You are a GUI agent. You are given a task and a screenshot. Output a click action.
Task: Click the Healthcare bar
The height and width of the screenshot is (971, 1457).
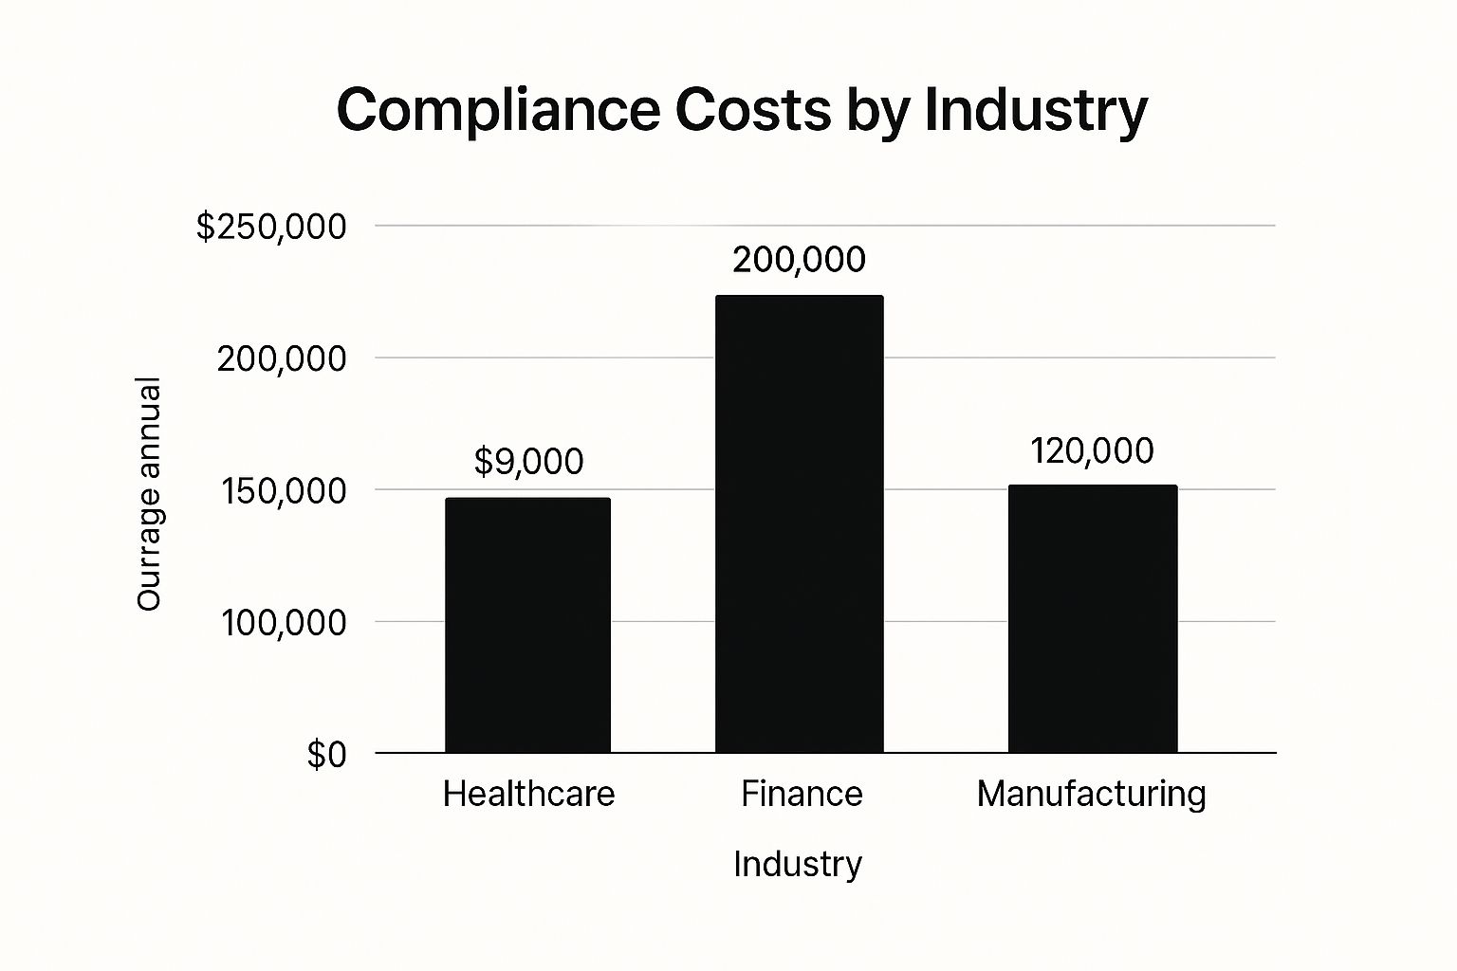527,625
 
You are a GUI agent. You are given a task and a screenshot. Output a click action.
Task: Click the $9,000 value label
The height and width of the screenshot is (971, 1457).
528,462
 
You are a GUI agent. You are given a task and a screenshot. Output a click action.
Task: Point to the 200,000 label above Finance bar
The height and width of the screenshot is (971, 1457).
799,260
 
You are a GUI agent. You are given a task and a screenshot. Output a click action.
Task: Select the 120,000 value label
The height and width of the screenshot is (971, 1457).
1092,451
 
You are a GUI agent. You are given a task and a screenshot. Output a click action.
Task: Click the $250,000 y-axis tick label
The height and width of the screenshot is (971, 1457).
271,227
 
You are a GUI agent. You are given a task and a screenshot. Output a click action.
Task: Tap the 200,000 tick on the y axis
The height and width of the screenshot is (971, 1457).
282,358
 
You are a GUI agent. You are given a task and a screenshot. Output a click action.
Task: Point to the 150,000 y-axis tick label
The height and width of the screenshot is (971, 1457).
282,490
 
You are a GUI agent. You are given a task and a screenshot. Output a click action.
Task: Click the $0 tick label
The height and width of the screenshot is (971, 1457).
326,755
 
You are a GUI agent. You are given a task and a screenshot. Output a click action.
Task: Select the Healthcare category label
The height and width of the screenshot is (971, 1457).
528,794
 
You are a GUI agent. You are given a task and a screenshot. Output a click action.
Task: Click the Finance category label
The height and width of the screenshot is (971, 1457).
802,794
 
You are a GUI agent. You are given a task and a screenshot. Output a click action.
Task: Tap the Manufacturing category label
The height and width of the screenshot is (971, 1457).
1091,794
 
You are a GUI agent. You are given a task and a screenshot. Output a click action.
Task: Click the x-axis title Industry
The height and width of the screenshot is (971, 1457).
798,864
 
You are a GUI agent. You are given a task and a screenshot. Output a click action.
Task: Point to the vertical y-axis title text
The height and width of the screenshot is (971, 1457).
149,493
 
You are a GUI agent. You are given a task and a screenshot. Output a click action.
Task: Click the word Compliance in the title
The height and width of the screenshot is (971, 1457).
498,110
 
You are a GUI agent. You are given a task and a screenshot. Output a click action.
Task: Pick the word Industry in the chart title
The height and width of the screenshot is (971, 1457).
1035,110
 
